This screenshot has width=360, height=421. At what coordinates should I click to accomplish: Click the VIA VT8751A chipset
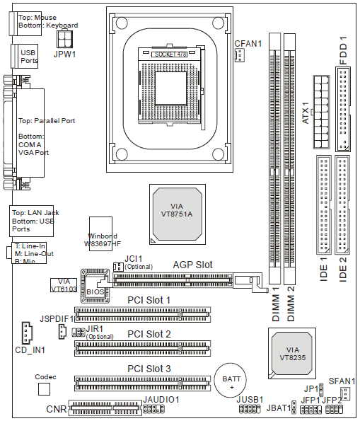click(178, 214)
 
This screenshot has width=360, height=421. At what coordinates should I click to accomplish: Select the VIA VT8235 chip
click(292, 353)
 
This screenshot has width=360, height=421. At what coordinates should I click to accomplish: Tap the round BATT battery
click(231, 380)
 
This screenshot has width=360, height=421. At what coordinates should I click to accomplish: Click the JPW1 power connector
click(64, 39)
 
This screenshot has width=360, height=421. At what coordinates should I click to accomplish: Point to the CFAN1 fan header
click(240, 55)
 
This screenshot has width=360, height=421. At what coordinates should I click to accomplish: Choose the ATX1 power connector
click(321, 112)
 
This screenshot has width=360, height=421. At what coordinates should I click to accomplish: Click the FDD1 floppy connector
click(343, 109)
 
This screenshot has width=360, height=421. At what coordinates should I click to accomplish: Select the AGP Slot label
click(193, 265)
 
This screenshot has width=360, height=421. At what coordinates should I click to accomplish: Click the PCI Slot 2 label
click(149, 334)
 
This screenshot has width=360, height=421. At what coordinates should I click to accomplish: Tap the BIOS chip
click(95, 286)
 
